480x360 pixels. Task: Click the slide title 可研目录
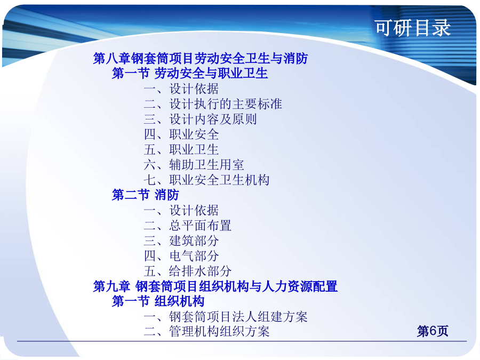(413, 28)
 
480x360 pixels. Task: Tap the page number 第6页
(433, 331)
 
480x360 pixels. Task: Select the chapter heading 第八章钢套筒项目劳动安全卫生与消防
(201, 58)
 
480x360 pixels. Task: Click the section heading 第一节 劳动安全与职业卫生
(190, 73)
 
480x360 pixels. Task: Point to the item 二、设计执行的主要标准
(213, 104)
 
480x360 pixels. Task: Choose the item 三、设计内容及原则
(200, 119)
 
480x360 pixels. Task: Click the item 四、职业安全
(181, 134)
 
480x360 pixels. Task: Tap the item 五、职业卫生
(181, 149)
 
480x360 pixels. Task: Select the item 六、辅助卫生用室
(194, 165)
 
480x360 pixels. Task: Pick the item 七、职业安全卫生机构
(206, 180)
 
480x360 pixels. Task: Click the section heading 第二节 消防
(146, 195)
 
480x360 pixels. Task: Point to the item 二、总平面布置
(188, 226)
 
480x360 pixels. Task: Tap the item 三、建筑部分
(181, 241)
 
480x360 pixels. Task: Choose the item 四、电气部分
(181, 256)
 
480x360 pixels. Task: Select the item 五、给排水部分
(188, 271)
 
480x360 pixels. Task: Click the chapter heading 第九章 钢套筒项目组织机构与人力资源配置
(215, 286)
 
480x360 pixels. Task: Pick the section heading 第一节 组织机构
(158, 301)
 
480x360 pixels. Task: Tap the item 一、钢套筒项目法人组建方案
(226, 316)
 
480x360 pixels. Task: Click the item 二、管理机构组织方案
(206, 332)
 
